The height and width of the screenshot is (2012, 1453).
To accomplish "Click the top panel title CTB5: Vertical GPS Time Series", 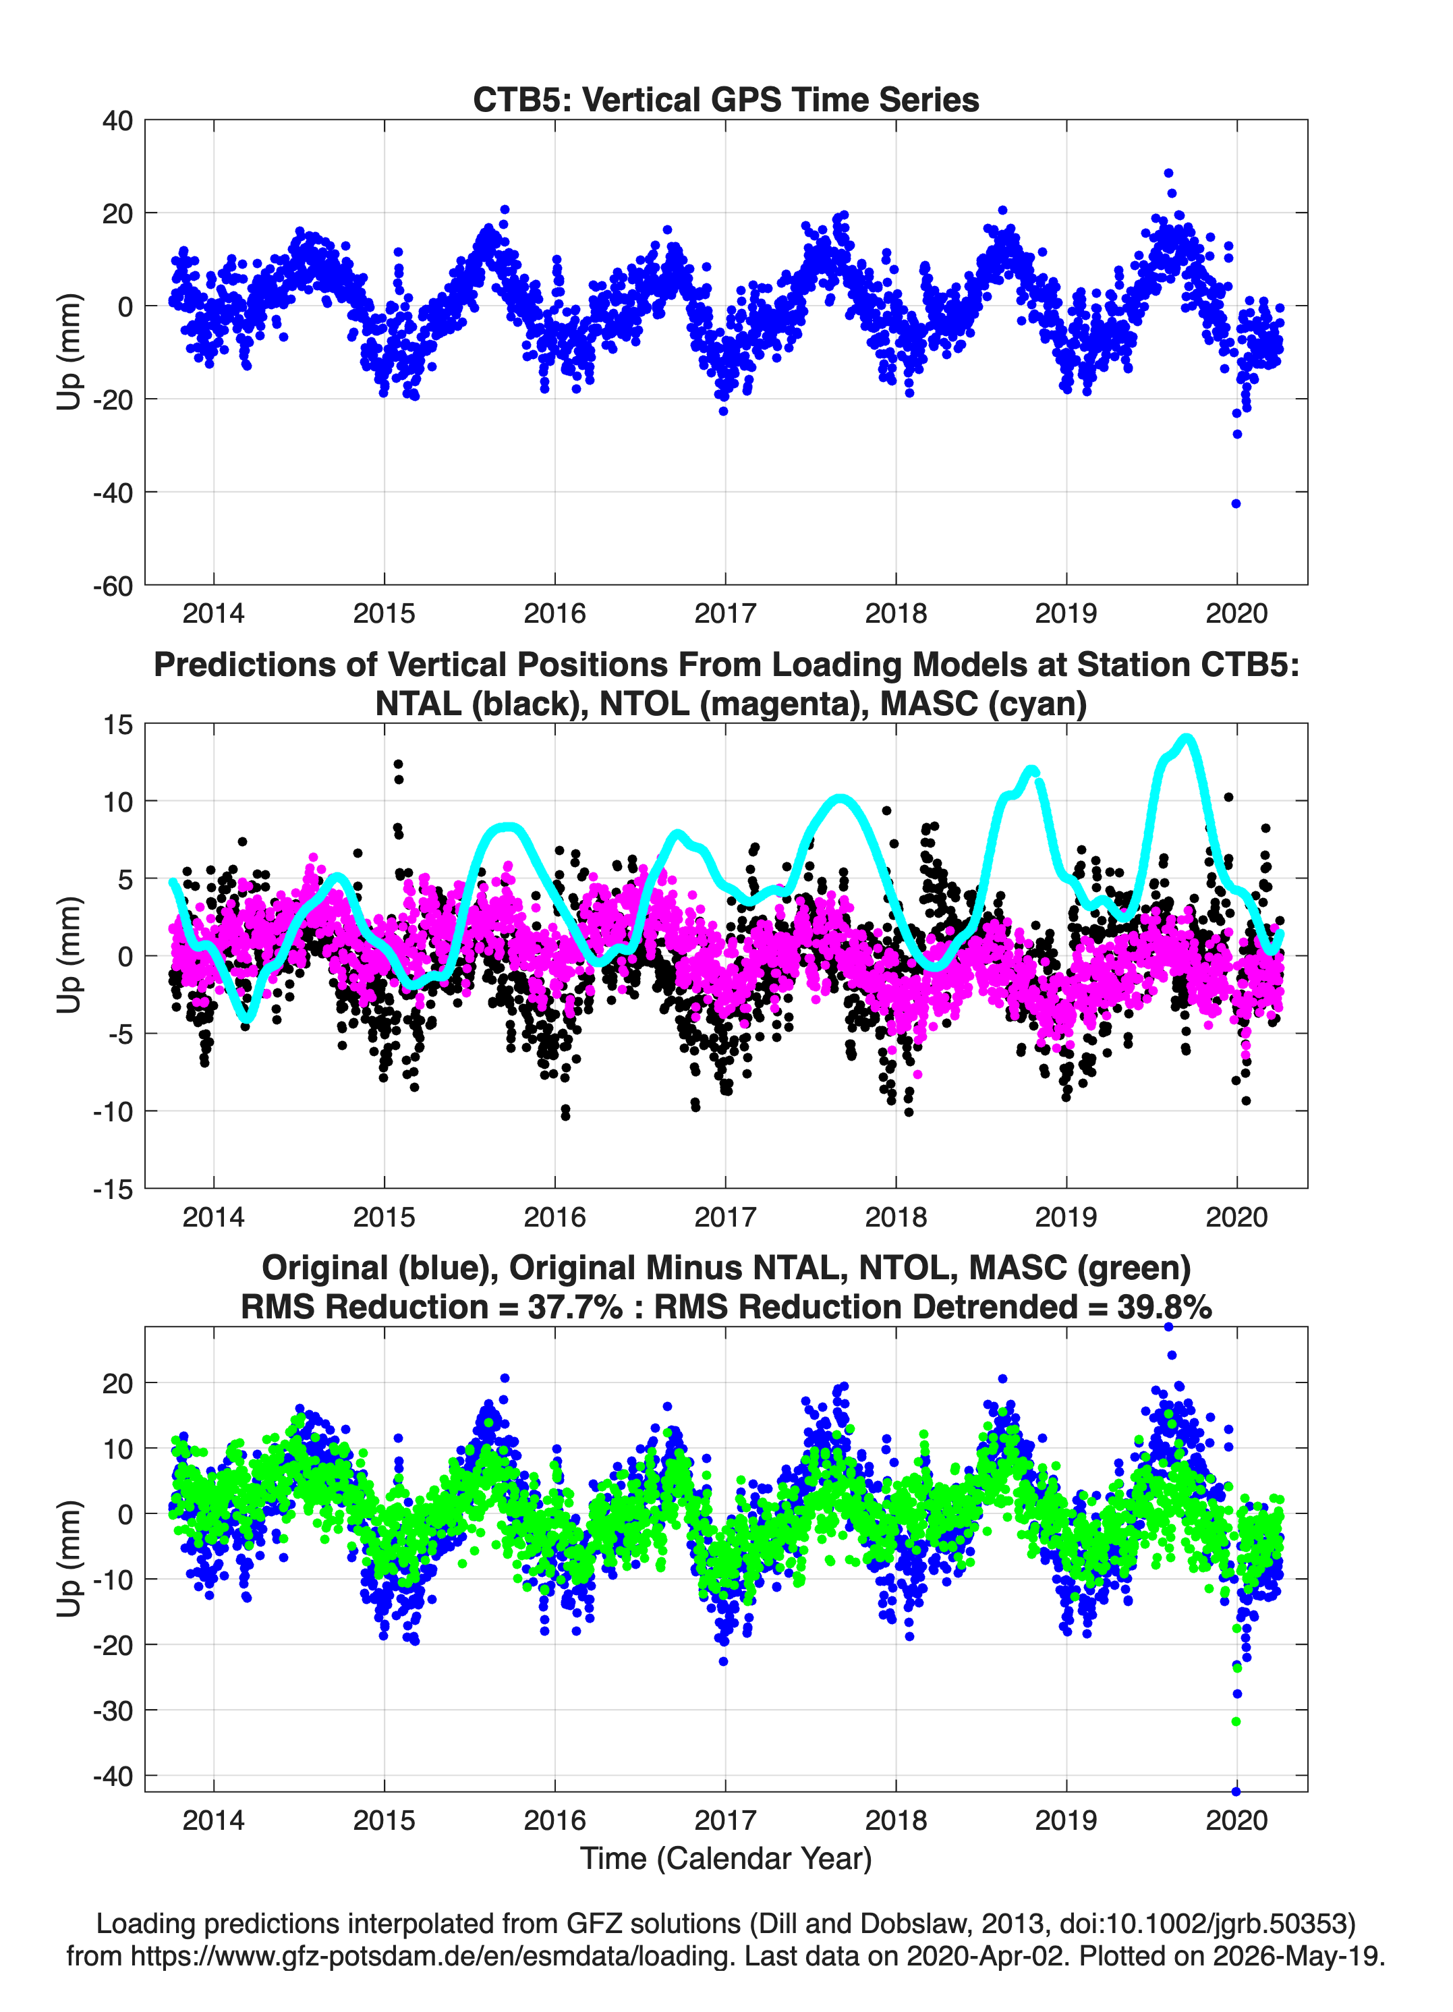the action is coord(726,99).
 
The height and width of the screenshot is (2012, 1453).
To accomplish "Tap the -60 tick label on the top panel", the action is coord(113,586).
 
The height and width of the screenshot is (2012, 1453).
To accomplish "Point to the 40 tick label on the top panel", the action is coord(118,121).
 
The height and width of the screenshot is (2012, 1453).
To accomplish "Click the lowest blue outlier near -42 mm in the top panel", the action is coord(1236,504).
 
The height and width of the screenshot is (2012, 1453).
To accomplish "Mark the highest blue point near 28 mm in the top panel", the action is coord(1168,174).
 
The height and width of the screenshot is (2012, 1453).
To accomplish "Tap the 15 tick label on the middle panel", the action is coord(118,725).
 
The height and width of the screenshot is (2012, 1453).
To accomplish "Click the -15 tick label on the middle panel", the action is coord(113,1190).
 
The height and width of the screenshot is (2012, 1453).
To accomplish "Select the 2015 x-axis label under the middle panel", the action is coord(384,1217).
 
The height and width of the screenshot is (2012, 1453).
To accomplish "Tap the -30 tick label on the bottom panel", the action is coord(113,1710).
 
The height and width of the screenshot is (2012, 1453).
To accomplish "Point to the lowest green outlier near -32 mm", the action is coord(1236,1722).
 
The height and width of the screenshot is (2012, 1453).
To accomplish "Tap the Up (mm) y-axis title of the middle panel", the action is coord(69,955).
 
